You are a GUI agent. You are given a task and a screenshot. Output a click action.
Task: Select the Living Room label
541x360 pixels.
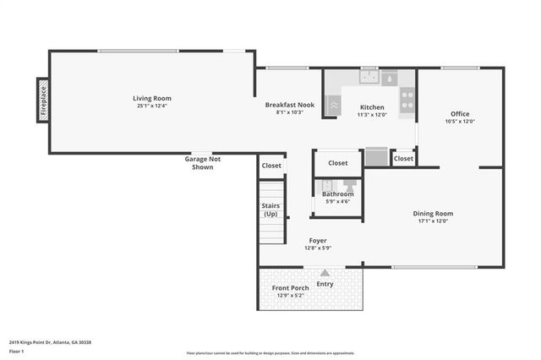coord(152,98)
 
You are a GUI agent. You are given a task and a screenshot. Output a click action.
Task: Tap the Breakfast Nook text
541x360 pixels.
coord(289,105)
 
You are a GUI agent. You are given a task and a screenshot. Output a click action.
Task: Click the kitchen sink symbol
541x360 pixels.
coord(369,79)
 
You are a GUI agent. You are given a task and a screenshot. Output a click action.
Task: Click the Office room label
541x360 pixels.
coord(460,114)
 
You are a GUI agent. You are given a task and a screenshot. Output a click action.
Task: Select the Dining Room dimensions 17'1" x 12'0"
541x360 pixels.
coord(433,221)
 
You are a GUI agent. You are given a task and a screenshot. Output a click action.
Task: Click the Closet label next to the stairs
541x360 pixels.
coord(271,166)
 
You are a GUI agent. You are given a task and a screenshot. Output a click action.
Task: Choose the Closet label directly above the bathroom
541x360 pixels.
coord(337,162)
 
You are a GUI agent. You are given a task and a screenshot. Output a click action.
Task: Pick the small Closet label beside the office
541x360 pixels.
coord(403,158)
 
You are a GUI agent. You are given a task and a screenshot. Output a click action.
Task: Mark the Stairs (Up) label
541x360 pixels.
coord(271,210)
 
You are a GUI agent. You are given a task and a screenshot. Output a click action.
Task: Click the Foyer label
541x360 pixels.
coord(317,241)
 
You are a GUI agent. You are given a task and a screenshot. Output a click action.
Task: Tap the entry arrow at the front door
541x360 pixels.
coord(325,273)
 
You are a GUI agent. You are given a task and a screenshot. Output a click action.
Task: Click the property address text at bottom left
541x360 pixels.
coord(50,342)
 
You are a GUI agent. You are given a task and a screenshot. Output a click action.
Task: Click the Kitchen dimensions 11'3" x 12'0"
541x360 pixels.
coord(372,114)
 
